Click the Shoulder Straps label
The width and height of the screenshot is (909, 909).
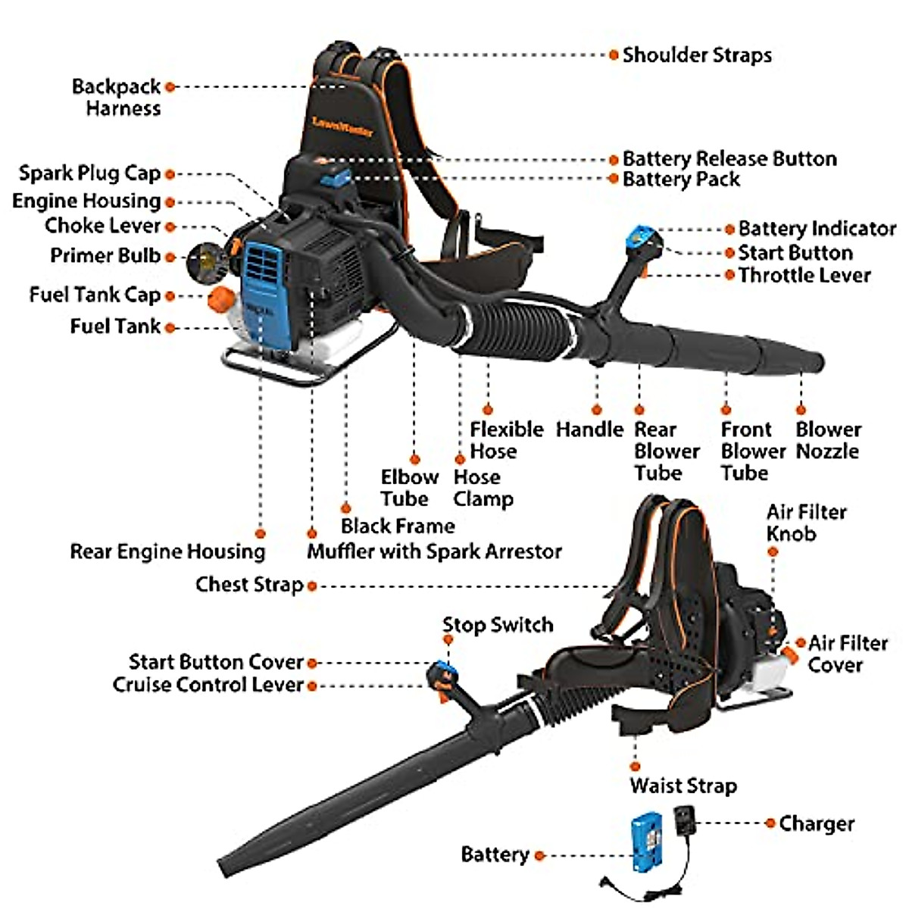point(696,55)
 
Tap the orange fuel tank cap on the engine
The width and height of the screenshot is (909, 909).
point(219,298)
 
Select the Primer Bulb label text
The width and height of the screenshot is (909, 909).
point(105,256)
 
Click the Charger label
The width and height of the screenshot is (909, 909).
point(816,823)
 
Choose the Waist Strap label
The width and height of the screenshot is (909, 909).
point(683,786)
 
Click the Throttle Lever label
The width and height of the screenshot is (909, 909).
point(804,276)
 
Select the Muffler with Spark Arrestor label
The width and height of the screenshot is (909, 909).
point(434,551)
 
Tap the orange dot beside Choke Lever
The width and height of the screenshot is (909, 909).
point(170,226)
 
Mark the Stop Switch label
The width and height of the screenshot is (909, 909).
point(498,625)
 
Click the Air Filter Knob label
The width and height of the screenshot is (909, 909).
point(805,523)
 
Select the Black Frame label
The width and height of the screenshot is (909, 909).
point(398,526)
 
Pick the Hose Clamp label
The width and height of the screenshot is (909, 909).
point(483,489)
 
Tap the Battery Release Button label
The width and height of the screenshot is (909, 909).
point(729,159)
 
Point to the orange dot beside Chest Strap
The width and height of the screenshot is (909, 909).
point(311,586)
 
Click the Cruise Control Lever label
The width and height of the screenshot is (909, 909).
point(208,685)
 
